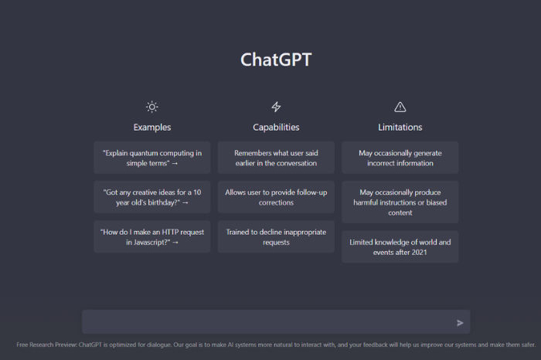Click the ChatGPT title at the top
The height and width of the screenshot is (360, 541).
(276, 59)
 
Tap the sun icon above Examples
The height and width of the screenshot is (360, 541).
(151, 107)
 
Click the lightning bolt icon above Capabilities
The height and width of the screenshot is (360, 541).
(276, 107)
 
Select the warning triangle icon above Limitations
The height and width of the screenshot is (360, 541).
(400, 107)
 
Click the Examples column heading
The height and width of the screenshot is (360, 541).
(152, 127)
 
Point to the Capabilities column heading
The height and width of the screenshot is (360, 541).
(276, 127)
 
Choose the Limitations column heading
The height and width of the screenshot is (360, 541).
(400, 127)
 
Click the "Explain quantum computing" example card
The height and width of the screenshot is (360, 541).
(152, 158)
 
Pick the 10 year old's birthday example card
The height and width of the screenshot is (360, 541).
(152, 197)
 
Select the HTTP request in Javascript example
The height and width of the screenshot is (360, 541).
(152, 237)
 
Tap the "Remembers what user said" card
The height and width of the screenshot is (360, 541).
(276, 158)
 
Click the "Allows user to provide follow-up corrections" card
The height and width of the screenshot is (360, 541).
(276, 197)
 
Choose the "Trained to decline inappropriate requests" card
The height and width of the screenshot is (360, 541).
(276, 237)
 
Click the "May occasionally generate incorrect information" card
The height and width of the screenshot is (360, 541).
(400, 158)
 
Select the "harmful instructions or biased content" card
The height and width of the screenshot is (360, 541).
(400, 202)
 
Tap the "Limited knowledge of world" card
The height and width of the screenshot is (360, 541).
(400, 247)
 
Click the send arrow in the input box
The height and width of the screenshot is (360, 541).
(460, 323)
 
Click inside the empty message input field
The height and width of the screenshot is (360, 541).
(269, 321)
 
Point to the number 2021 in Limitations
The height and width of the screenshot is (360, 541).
(419, 253)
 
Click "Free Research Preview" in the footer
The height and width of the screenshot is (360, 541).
(46, 345)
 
